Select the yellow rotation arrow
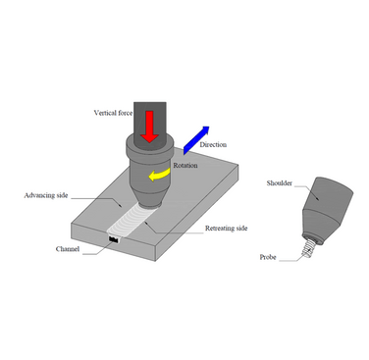156,175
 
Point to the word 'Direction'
214,145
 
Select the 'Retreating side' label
227,228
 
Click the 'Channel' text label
68,249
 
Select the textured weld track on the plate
125,220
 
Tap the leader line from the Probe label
292,257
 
